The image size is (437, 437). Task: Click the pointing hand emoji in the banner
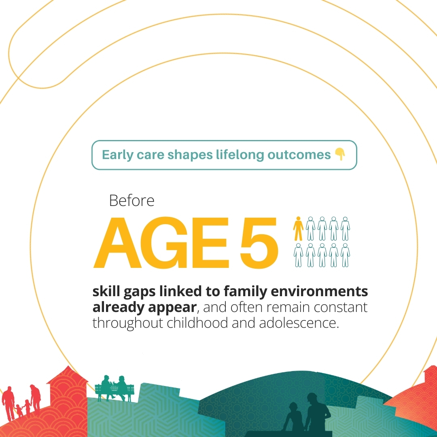[x=340, y=155]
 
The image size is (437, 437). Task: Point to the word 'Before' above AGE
[x=132, y=201]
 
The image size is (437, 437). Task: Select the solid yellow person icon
[x=298, y=229]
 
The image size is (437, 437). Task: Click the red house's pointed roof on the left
[x=67, y=375]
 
